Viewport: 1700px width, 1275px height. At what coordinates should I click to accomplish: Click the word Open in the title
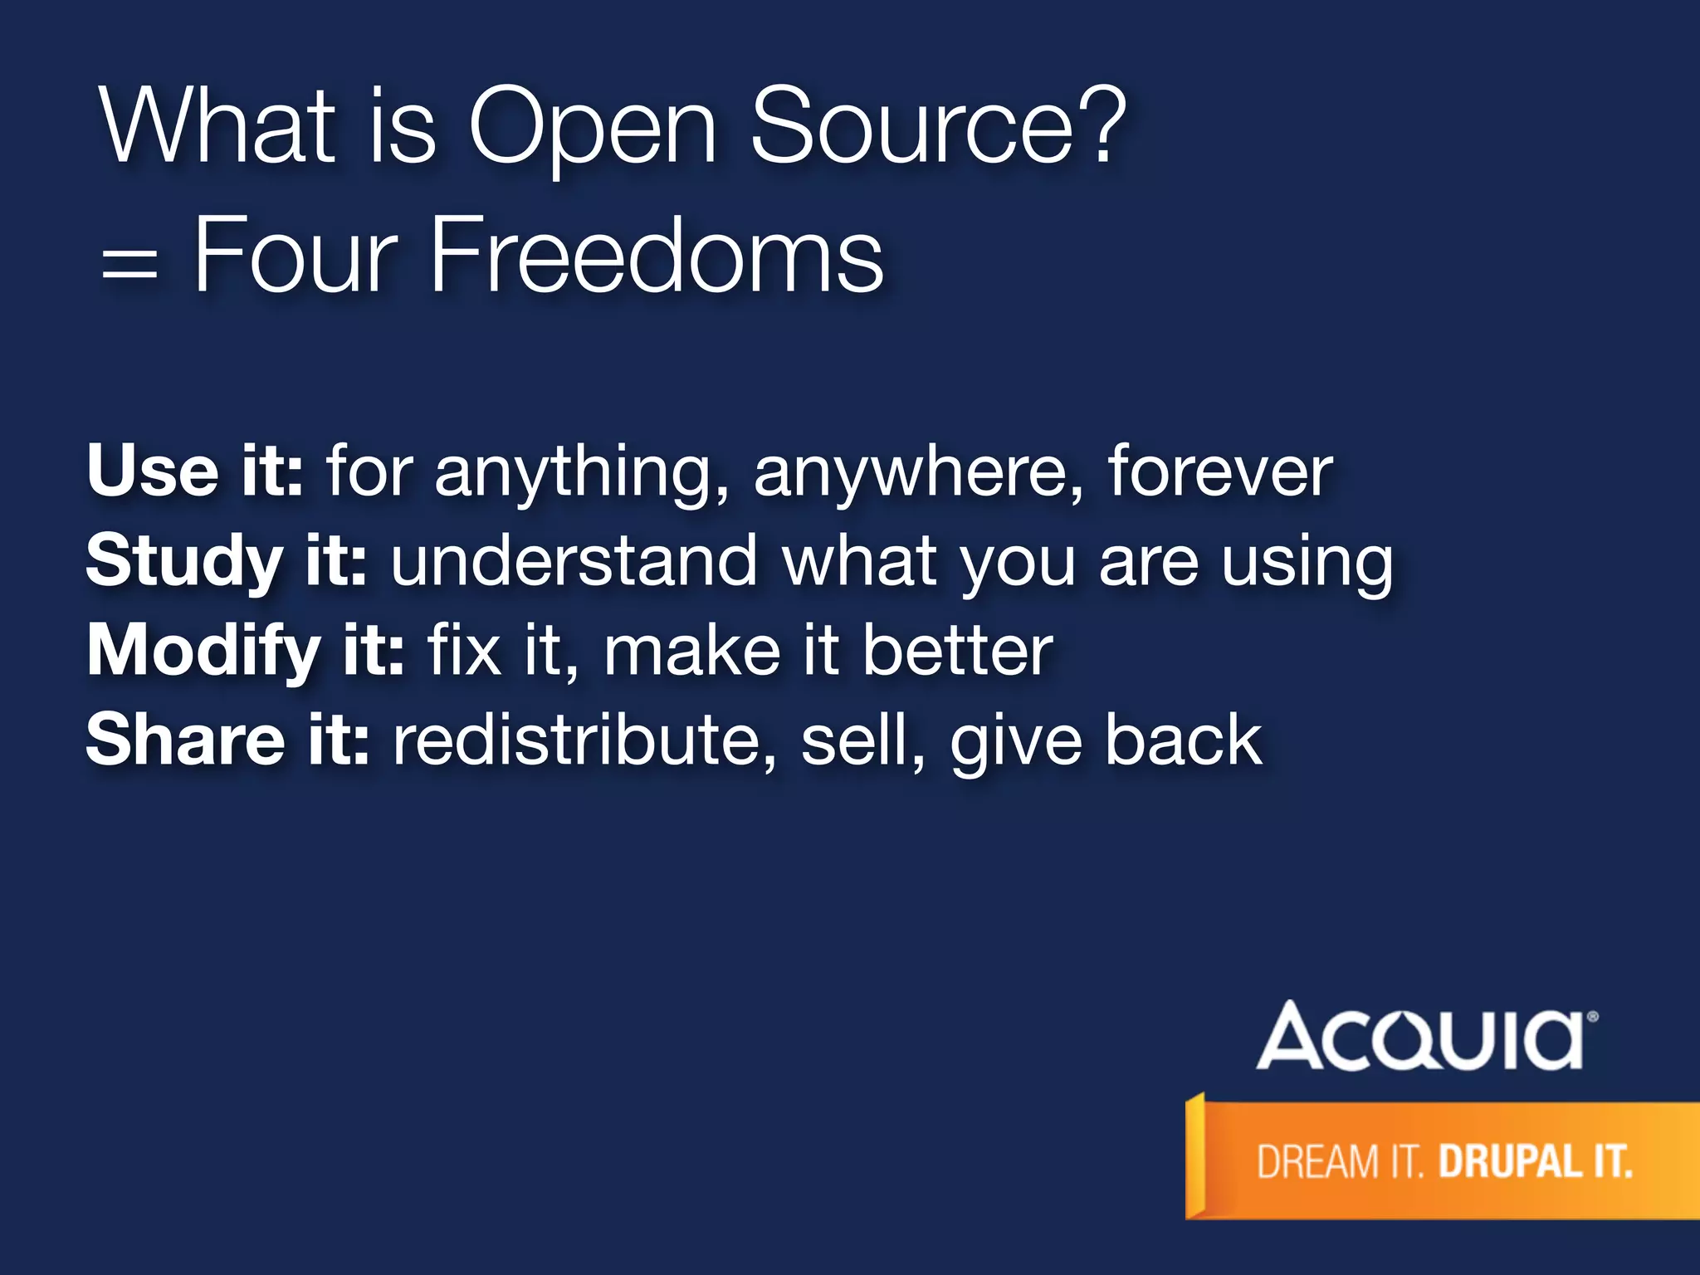[x=592, y=129]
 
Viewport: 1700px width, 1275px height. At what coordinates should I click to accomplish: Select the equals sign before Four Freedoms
[x=129, y=268]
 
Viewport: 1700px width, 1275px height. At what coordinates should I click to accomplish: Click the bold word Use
[x=153, y=471]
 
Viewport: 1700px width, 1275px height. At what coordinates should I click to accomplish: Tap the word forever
[x=1220, y=471]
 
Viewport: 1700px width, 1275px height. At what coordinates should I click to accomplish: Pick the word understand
[x=574, y=561]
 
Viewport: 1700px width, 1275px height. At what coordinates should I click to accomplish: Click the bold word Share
[x=185, y=740]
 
